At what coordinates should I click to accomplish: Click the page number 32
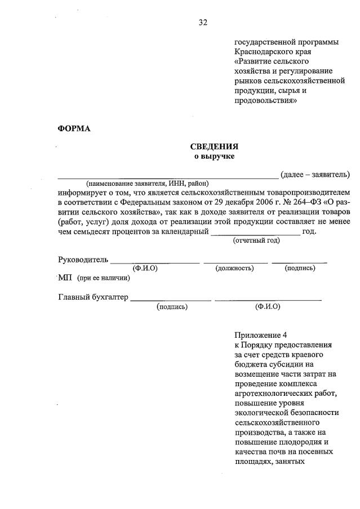coord(203,23)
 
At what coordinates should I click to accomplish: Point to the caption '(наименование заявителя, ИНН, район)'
coord(147,184)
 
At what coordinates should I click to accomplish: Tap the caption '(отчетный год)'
coord(256,240)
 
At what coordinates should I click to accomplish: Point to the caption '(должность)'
coord(234,268)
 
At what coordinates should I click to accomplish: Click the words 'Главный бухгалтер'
coord(93,297)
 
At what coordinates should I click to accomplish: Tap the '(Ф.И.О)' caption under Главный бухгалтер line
coord(268,307)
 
